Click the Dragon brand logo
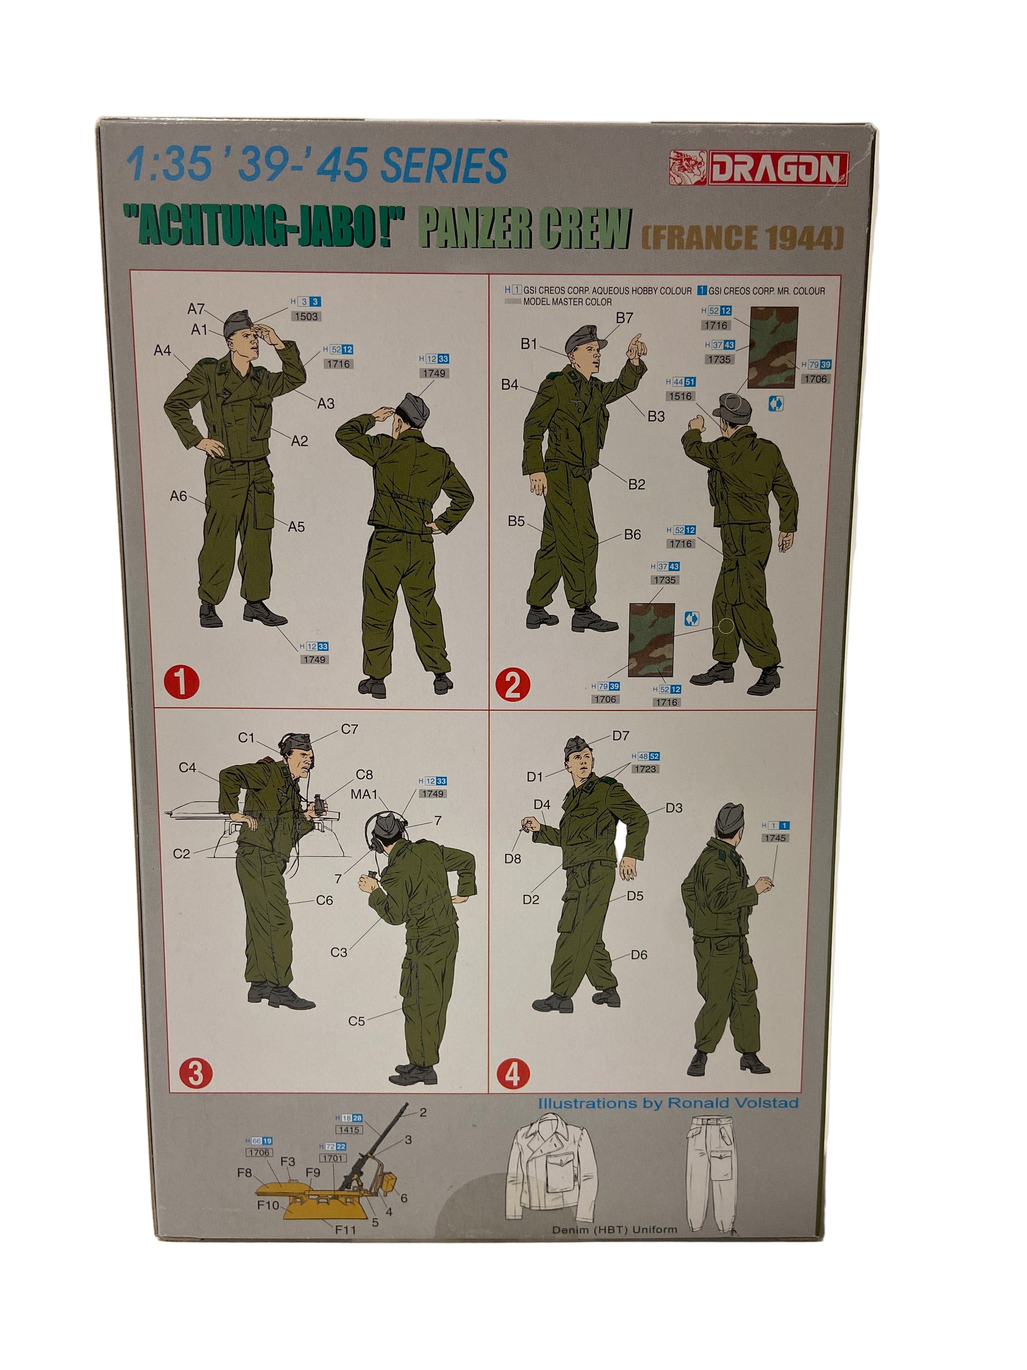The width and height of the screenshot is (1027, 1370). point(759,168)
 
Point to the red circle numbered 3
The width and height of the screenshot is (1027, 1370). point(195,1073)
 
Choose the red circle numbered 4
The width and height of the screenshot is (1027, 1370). point(513,1075)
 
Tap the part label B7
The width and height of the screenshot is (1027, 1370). point(624,318)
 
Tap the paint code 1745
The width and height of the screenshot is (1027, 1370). point(774,838)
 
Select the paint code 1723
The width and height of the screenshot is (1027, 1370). point(645,768)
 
